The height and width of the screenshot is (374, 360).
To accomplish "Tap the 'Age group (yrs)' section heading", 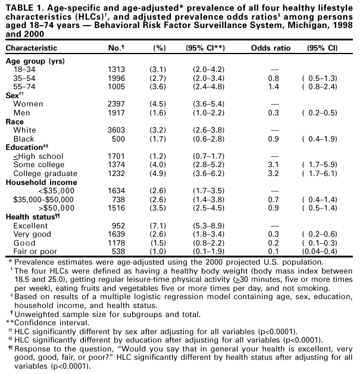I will pos(35,61).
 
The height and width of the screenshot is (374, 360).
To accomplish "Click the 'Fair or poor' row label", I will pos(35,252).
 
